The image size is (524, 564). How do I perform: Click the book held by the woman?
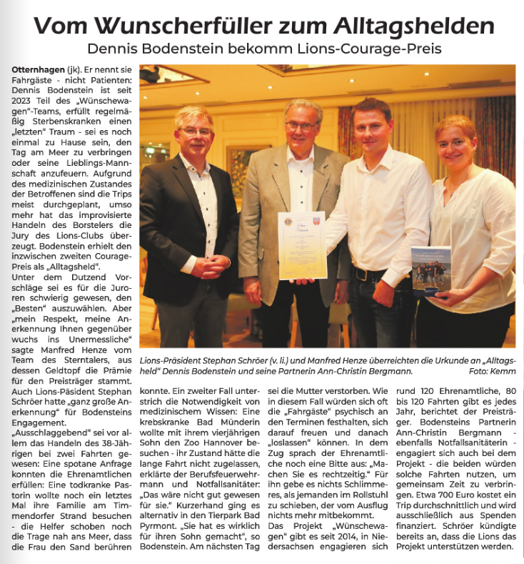430,271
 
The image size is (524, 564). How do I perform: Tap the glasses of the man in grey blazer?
300,127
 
